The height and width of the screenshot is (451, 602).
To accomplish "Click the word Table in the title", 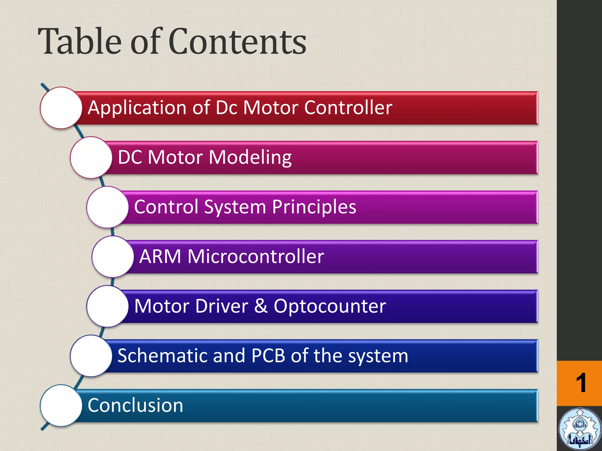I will pos(80,42).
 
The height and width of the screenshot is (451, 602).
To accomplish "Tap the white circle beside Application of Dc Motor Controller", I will pos(61,108).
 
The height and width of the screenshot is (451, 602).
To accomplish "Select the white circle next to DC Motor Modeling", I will pos(91,157).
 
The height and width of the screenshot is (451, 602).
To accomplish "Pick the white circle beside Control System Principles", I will pos(107,207).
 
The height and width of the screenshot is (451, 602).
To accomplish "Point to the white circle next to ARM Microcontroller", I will pos(113,257).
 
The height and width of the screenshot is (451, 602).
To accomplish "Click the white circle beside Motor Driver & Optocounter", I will pos(107,306).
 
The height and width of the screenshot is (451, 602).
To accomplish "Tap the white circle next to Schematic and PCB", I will pos(91,356).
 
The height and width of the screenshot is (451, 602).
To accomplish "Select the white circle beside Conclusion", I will pos(61,405).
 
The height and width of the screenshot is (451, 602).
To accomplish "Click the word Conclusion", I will pos(136,405).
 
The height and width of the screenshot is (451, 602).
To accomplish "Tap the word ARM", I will pos(160,257).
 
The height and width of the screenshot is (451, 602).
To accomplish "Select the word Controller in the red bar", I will pos(348,107).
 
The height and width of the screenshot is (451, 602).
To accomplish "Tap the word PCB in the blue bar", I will pos(268,356).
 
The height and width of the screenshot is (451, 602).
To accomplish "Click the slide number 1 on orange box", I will pos(581,383).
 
